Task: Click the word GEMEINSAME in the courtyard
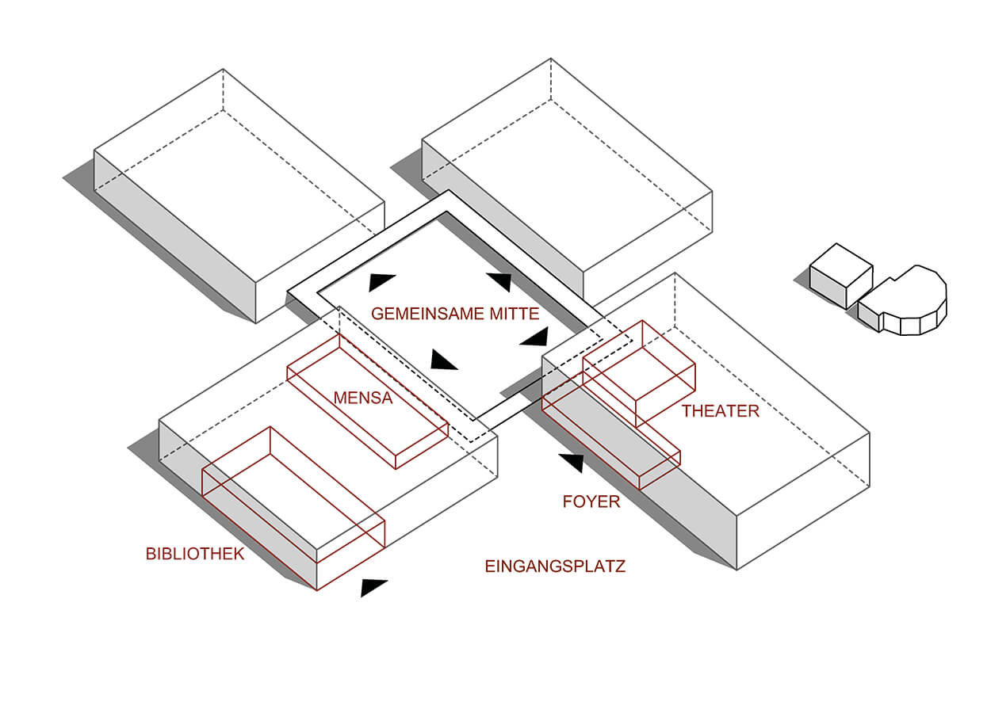422,314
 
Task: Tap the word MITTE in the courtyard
509,314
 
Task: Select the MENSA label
363,398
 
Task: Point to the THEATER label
720,411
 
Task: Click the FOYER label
591,501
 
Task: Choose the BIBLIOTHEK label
195,554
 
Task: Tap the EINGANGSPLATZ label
555,566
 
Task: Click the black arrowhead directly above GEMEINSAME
381,282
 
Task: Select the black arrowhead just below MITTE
535,338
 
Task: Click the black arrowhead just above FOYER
573,462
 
